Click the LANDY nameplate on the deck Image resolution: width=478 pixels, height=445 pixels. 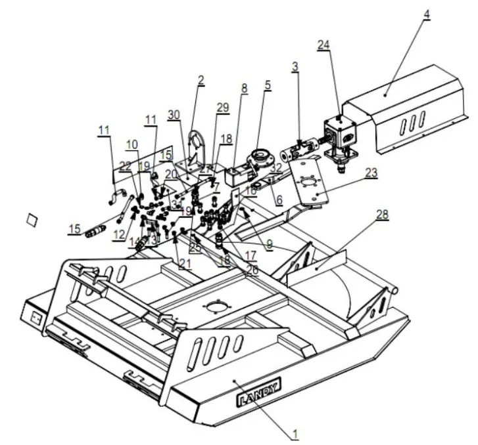tap(258, 395)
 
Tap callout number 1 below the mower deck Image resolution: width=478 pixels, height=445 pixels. tap(295, 434)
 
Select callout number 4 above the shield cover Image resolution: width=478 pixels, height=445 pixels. tap(426, 14)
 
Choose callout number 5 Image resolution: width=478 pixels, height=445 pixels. tap(268, 85)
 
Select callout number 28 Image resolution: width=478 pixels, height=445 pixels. tap(382, 215)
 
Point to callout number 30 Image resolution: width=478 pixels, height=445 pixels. tap(174, 114)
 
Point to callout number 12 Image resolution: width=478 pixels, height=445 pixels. tap(119, 234)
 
